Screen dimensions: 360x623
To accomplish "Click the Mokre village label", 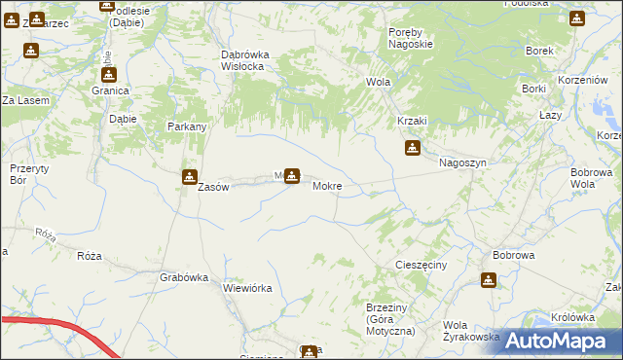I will point(326,185).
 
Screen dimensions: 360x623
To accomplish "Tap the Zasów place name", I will point(212,188).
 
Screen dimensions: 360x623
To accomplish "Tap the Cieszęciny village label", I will point(421,264).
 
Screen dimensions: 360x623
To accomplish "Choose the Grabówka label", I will point(184,277).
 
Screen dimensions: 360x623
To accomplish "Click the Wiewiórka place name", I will point(247,288).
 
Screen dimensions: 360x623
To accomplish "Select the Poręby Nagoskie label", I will point(410,37).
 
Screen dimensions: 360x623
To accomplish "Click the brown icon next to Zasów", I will point(189,176).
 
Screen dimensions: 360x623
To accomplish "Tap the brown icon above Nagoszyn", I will point(413,148).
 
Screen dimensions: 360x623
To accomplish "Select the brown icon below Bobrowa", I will point(488,280).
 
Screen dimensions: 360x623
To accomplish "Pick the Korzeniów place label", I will point(578,83).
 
